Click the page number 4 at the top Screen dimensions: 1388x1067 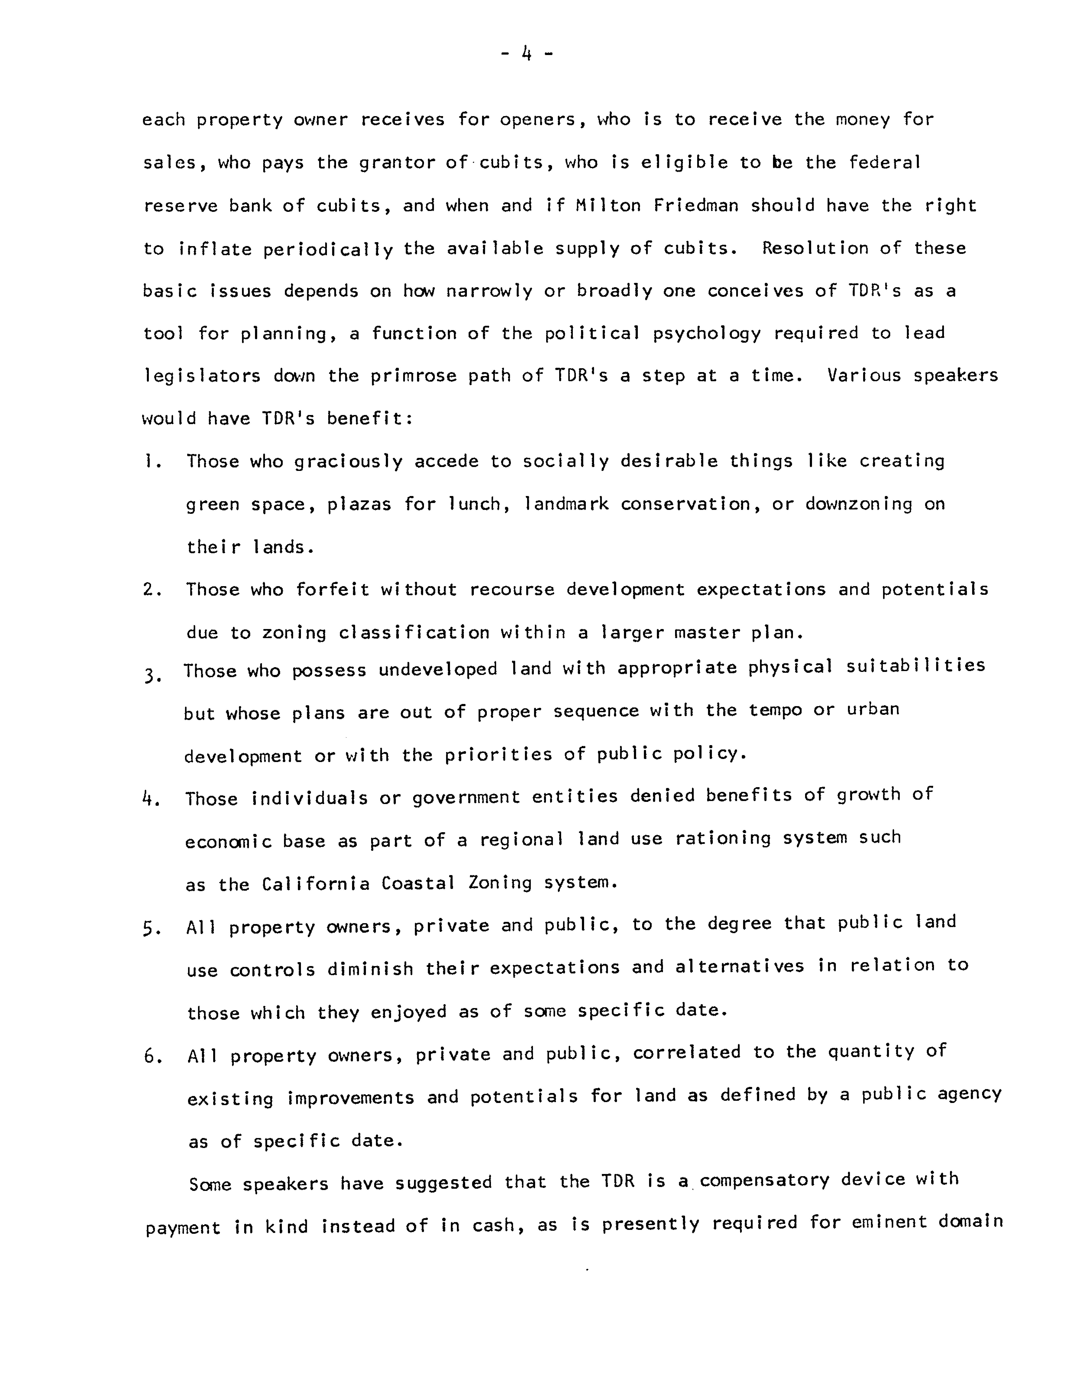click(526, 54)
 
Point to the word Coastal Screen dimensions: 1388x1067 click(418, 883)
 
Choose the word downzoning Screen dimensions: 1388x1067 click(859, 504)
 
